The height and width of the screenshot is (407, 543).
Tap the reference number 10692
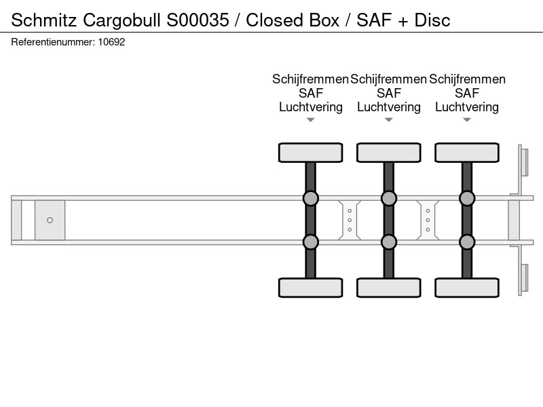click(x=111, y=42)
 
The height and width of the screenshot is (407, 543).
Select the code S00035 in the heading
click(x=198, y=20)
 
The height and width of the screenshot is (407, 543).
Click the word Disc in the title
click(x=432, y=20)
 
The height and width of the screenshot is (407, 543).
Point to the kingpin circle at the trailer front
click(x=50, y=220)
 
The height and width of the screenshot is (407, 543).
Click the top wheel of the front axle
click(x=311, y=153)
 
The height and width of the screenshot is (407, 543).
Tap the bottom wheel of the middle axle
click(x=389, y=288)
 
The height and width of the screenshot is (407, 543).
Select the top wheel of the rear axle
click(x=467, y=153)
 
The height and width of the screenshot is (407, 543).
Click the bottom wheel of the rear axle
click(x=467, y=288)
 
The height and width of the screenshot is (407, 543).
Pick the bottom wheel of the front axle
click(x=311, y=288)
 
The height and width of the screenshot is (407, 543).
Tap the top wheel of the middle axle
click(x=389, y=153)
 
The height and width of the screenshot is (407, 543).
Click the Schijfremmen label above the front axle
click(x=310, y=79)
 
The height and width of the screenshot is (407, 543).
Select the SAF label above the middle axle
click(x=389, y=93)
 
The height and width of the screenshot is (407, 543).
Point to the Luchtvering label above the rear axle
click(x=467, y=107)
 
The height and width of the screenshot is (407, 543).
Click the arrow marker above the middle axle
click(x=389, y=120)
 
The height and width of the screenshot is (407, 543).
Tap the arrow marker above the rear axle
click(x=467, y=120)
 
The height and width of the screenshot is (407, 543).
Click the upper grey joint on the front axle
click(x=311, y=198)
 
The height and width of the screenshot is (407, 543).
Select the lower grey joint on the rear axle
click(x=467, y=242)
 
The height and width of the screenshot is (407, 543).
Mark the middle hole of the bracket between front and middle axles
click(x=350, y=220)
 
